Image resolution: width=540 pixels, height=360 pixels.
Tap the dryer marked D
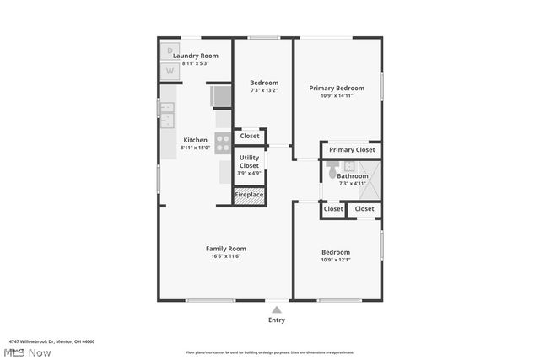click(170, 51)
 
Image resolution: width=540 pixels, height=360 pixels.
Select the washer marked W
click(170, 71)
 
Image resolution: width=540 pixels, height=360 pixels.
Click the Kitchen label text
click(195, 140)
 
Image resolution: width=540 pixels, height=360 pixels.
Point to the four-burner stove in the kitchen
click(223, 142)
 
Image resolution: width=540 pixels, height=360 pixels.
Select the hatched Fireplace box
click(249, 195)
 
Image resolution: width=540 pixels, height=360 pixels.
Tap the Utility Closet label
click(249, 162)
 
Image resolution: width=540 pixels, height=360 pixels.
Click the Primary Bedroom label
click(337, 88)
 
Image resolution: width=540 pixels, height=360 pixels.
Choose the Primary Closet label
click(352, 150)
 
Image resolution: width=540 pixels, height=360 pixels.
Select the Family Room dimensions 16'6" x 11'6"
click(226, 256)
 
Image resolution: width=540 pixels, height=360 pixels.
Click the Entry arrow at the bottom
click(277, 309)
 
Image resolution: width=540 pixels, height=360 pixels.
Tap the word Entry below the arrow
click(277, 320)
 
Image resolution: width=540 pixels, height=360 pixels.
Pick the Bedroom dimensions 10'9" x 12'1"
click(335, 260)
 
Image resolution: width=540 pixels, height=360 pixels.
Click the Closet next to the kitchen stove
click(250, 136)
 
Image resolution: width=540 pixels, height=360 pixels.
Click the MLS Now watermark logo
click(27, 352)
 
